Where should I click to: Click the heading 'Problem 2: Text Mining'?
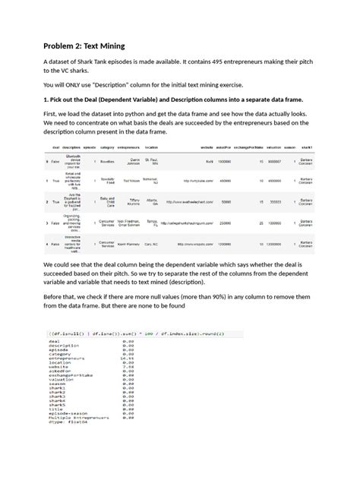point(84,46)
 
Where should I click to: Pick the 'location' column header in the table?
point(152,147)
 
